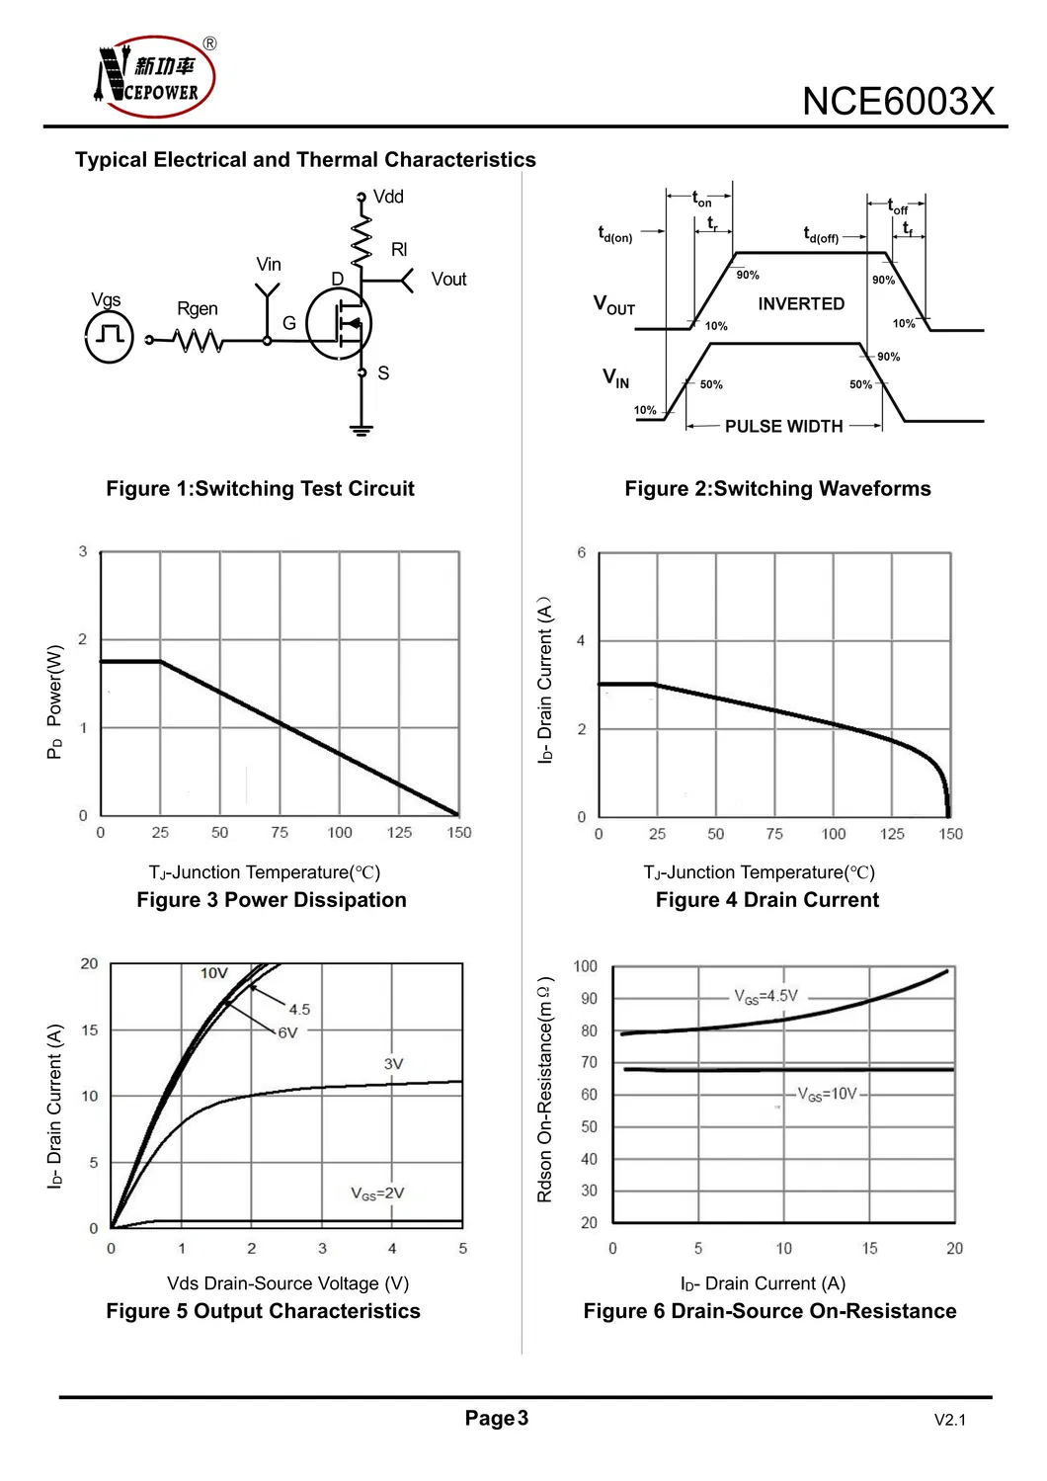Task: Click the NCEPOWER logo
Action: click(x=155, y=77)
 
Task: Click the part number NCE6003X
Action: click(x=897, y=102)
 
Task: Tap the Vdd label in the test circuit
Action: click(x=388, y=197)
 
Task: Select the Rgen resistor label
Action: click(x=198, y=309)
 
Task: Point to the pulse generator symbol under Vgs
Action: click(x=110, y=337)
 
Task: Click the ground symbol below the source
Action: click(x=362, y=430)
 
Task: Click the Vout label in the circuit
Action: click(x=448, y=280)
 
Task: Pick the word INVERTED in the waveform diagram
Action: click(x=801, y=304)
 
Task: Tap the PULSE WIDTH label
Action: click(x=784, y=427)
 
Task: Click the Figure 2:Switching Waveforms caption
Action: click(x=777, y=489)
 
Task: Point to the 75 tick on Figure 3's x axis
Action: click(x=280, y=833)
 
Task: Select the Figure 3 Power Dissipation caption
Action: click(x=272, y=900)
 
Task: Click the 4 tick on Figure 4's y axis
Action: click(x=581, y=641)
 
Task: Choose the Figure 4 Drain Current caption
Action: click(x=767, y=900)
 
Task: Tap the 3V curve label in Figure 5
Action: click(x=393, y=1064)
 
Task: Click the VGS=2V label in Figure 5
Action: click(x=377, y=1193)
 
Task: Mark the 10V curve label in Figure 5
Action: click(x=214, y=973)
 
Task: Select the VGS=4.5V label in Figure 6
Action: click(x=765, y=996)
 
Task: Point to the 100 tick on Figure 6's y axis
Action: click(x=585, y=966)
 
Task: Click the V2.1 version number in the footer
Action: click(x=949, y=1421)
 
